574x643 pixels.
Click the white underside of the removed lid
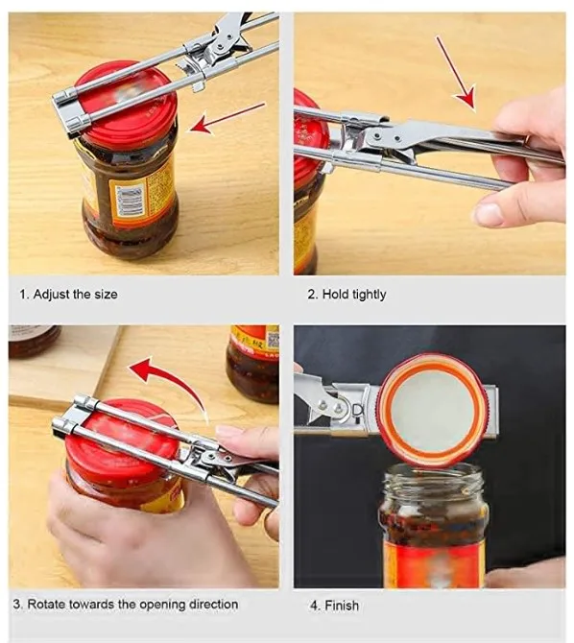point(432,411)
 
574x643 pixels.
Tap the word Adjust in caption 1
point(53,295)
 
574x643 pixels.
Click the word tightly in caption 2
point(369,295)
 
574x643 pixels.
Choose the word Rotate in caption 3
point(46,605)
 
